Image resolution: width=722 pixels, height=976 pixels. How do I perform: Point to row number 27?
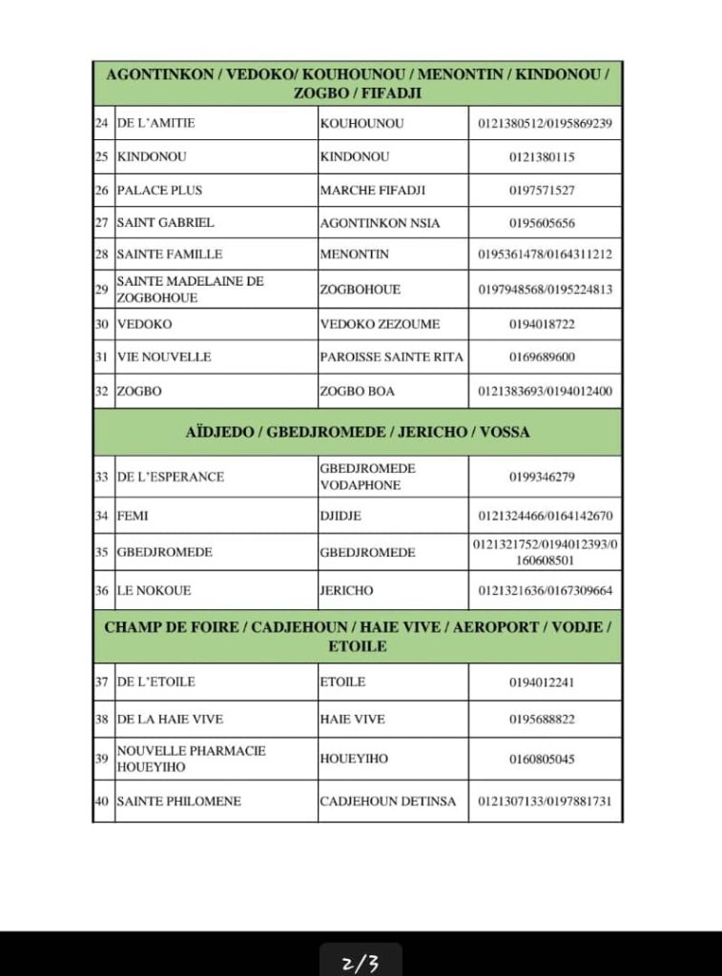pyautogui.click(x=102, y=222)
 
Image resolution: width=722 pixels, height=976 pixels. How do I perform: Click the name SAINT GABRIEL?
pyautogui.click(x=165, y=222)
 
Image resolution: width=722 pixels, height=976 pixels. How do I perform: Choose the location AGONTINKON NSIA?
pyautogui.click(x=380, y=222)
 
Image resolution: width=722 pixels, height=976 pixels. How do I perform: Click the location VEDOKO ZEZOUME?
pyautogui.click(x=380, y=324)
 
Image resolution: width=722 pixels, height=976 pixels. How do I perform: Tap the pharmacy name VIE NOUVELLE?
pyautogui.click(x=163, y=356)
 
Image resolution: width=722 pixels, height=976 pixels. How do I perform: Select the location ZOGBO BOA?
pyautogui.click(x=357, y=391)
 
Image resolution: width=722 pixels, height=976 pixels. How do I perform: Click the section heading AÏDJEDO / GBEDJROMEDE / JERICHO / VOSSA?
pyautogui.click(x=358, y=432)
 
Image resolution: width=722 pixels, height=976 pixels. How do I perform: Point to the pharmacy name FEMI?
pyautogui.click(x=133, y=516)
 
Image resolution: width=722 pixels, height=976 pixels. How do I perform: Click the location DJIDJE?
pyautogui.click(x=340, y=516)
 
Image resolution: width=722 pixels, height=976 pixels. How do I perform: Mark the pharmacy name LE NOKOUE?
pyautogui.click(x=154, y=590)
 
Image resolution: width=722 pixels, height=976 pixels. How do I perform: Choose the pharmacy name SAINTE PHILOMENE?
pyautogui.click(x=178, y=801)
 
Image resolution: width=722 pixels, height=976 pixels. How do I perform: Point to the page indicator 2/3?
pyautogui.click(x=361, y=962)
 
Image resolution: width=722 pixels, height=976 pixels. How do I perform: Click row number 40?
pyautogui.click(x=102, y=801)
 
